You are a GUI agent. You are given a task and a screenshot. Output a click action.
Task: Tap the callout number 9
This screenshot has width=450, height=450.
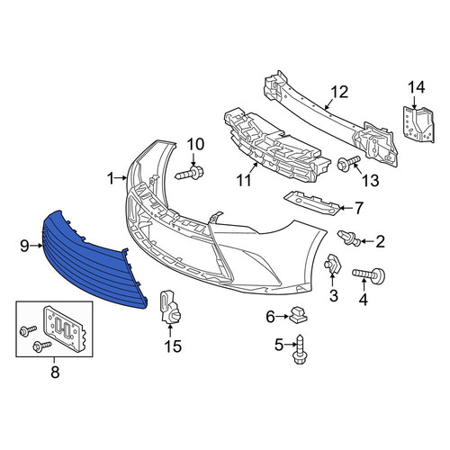(x=24, y=246)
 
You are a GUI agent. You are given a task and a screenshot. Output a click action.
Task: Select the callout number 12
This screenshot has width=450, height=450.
(x=339, y=92)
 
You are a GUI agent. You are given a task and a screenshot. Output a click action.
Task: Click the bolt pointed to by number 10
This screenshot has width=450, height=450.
(x=191, y=173)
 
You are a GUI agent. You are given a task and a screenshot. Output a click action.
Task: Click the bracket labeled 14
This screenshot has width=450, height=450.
(x=418, y=124)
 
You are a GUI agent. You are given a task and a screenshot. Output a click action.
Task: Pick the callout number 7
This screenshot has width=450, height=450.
(x=358, y=208)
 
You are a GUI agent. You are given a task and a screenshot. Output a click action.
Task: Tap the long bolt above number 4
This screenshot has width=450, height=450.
(x=368, y=274)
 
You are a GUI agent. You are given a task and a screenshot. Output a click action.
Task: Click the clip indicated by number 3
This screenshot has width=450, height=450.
(x=332, y=264)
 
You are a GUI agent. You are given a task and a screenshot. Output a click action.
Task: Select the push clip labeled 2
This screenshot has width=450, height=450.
(x=348, y=238)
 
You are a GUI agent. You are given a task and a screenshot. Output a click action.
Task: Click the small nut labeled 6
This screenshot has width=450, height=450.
(x=298, y=314)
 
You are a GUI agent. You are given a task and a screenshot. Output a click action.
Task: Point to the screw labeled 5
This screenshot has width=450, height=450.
(x=300, y=350)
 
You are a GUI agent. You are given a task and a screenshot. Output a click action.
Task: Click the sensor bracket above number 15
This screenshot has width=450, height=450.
(x=169, y=307)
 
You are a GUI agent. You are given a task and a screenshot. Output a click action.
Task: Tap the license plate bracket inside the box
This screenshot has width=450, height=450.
(x=65, y=328)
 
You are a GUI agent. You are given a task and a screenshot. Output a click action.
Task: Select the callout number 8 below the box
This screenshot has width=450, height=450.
(x=55, y=373)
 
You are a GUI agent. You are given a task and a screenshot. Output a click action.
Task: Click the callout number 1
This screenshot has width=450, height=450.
(x=111, y=178)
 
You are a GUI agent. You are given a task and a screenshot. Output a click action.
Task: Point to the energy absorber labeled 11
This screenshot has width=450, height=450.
(x=276, y=147)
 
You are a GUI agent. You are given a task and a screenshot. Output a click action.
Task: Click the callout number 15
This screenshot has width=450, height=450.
(x=173, y=346)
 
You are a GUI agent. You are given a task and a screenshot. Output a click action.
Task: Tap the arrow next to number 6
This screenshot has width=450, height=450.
(x=283, y=316)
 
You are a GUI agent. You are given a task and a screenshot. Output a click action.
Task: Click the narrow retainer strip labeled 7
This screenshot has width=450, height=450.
(x=312, y=203)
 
